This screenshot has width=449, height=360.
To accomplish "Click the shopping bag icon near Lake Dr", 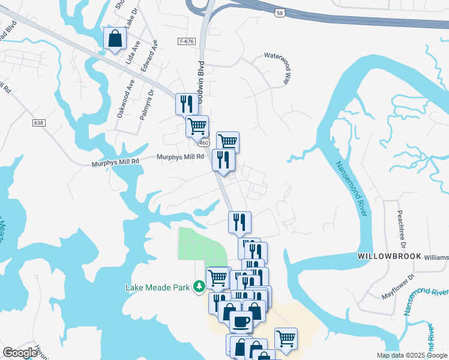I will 113,39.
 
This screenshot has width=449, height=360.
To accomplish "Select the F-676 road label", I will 187,41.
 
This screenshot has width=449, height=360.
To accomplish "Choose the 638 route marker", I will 39,122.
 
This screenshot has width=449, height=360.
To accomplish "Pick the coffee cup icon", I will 241,322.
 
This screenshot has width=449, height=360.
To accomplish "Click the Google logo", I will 20,352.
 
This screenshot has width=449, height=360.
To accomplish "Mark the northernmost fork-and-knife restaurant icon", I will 185,104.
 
